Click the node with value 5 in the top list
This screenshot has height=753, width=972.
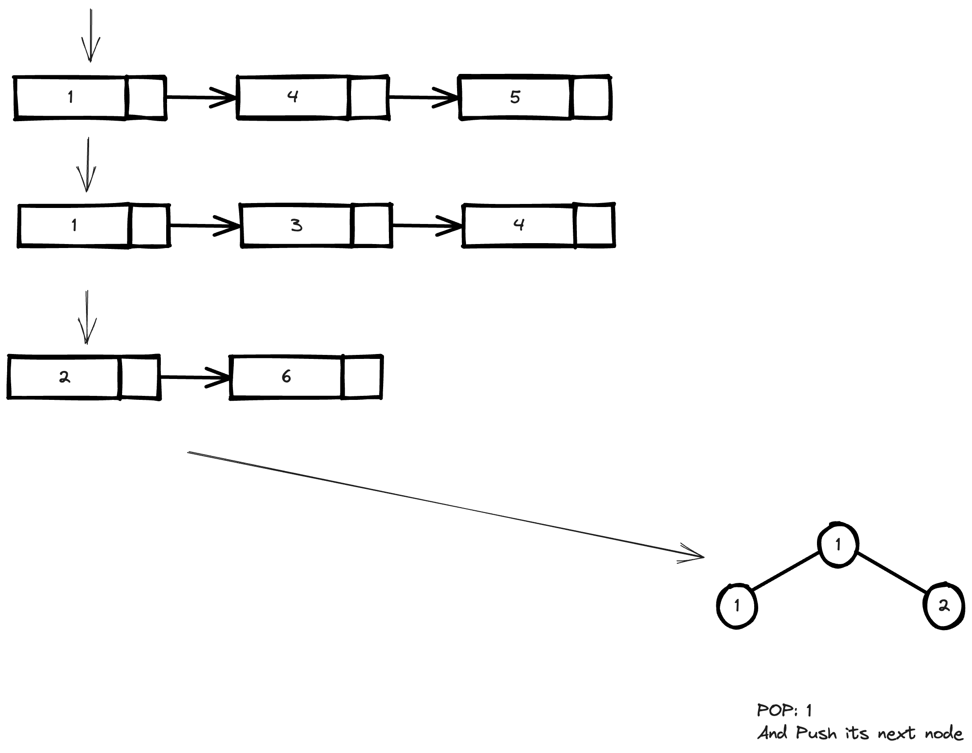coord(515,97)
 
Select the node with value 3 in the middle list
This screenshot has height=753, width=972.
coord(296,225)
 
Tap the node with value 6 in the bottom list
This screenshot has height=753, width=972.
coord(286,377)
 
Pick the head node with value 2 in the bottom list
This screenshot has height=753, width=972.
coord(65,377)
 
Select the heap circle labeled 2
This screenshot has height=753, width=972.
coord(944,606)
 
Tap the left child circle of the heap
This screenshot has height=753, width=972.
coord(737,606)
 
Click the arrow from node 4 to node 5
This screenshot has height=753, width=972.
coord(423,97)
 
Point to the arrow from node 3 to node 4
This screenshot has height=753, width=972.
coord(427,226)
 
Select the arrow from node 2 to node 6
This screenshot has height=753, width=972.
coord(195,378)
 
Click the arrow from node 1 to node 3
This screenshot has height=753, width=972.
coord(204,226)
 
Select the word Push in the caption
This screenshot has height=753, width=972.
coord(816,733)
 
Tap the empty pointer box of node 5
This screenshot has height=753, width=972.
coord(592,97)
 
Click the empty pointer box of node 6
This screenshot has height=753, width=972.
coord(362,377)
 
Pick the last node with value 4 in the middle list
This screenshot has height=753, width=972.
coord(519,225)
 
